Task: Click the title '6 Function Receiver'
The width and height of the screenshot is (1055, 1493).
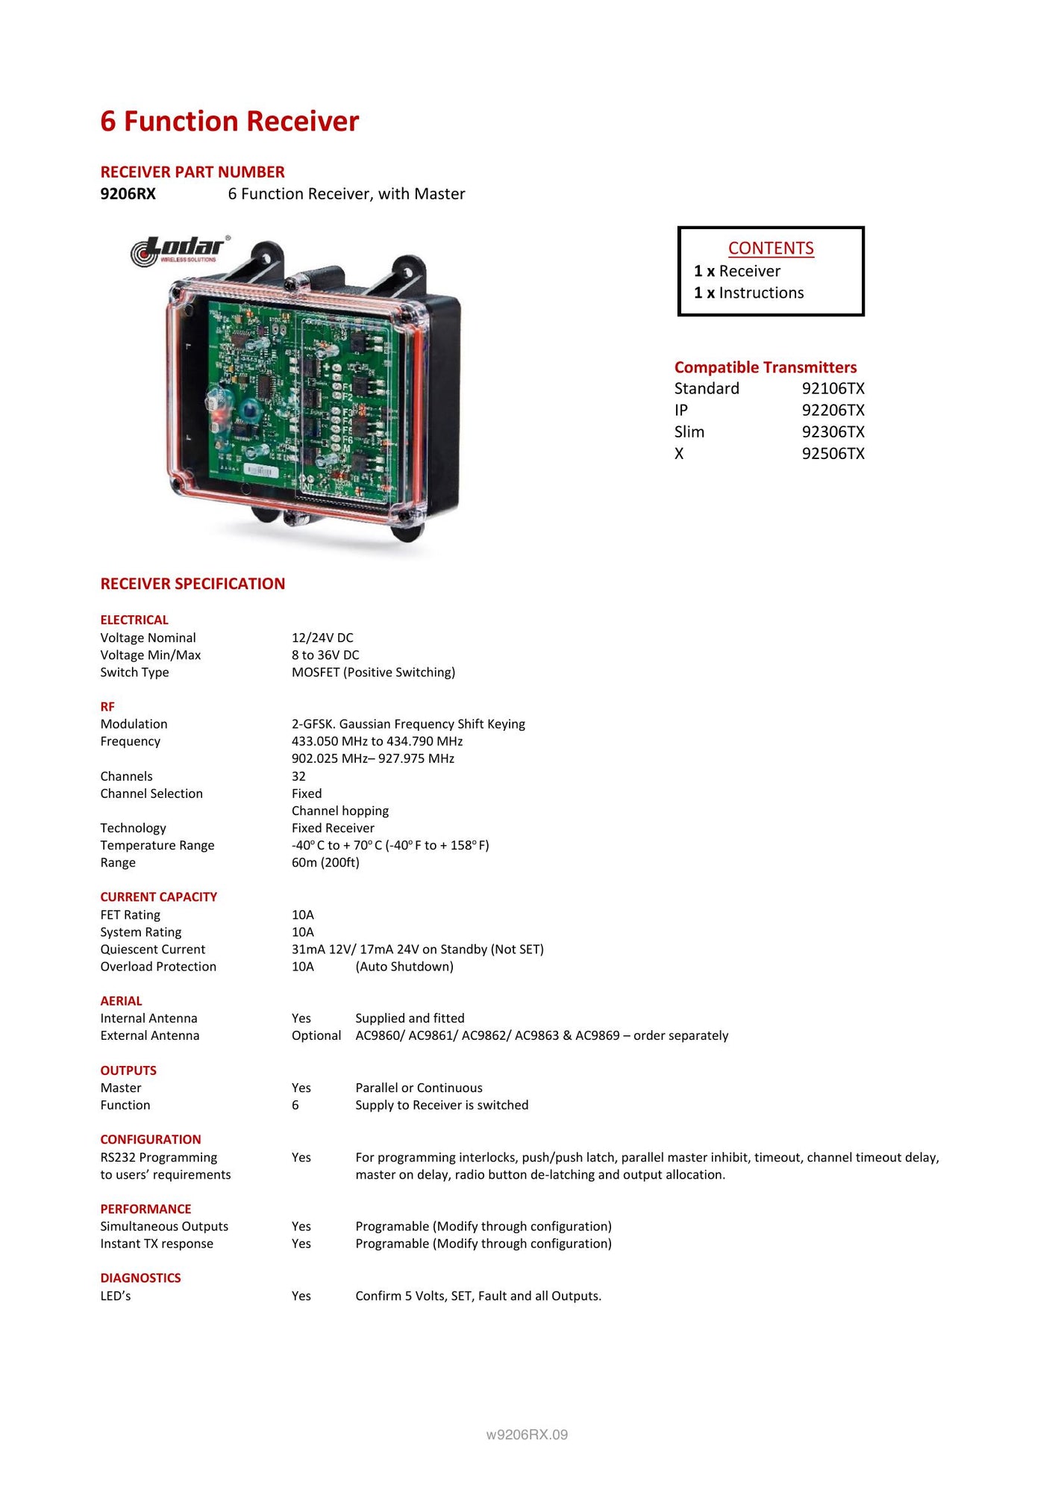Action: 229,122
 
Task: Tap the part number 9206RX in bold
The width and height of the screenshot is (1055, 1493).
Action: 128,194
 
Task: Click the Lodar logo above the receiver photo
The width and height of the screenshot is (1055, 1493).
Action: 180,251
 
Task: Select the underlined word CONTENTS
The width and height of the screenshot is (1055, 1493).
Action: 771,249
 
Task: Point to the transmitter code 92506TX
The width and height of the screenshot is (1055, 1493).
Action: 833,454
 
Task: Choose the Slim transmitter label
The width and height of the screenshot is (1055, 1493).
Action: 689,432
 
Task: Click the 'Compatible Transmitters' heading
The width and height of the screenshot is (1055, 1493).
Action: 765,367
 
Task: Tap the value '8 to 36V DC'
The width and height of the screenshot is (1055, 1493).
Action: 325,655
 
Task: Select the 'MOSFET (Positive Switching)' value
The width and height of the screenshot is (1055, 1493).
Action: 373,672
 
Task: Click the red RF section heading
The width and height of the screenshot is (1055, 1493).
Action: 107,706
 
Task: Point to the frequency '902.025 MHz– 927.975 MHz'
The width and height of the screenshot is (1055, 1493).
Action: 372,758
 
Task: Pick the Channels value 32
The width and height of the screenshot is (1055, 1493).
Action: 298,776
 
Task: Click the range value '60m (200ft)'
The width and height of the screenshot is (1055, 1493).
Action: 325,862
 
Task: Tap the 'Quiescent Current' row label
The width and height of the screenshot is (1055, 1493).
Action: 153,950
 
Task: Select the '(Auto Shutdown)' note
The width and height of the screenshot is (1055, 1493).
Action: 404,967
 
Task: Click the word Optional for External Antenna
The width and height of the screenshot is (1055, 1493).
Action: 316,1035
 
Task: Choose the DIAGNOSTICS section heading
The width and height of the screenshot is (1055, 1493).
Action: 140,1278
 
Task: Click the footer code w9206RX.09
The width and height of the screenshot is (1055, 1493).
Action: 527,1435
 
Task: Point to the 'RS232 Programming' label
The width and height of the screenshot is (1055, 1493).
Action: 159,1157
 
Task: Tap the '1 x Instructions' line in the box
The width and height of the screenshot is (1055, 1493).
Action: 748,293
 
